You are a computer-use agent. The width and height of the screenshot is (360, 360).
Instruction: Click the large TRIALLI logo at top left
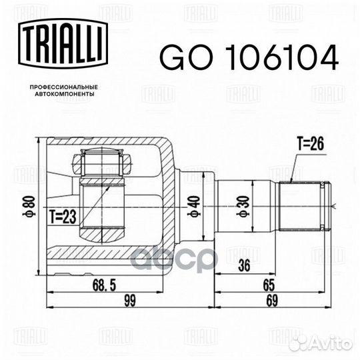[x=63, y=43]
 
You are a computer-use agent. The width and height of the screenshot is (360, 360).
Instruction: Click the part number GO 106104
[x=249, y=57]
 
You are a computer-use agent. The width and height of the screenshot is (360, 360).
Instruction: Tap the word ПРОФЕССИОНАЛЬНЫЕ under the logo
[x=64, y=87]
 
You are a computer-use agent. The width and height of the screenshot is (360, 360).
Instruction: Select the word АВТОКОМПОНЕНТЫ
[x=65, y=94]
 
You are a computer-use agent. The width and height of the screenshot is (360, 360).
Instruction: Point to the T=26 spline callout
[x=311, y=144]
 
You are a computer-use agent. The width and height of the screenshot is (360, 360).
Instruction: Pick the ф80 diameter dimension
[x=30, y=206]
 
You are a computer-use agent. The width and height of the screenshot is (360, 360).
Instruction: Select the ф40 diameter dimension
[x=194, y=206]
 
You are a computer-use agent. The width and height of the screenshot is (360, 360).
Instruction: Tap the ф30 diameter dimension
[x=243, y=206]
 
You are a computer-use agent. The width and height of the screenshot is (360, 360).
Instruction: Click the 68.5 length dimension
[x=105, y=285]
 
